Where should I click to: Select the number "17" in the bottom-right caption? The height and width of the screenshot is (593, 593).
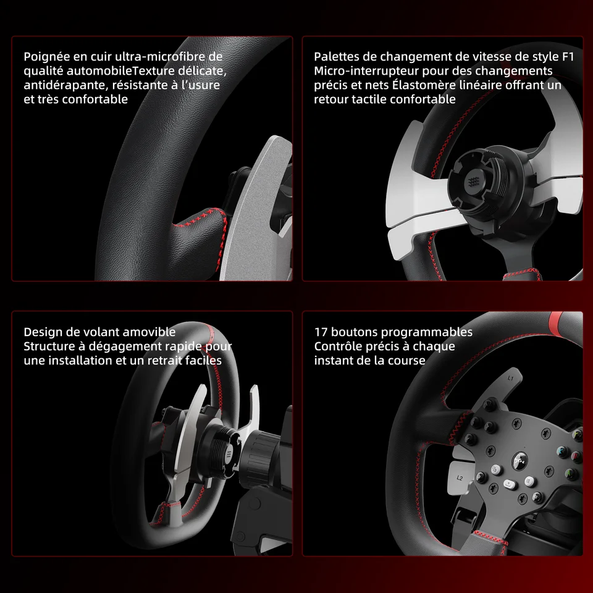coord(321,332)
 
